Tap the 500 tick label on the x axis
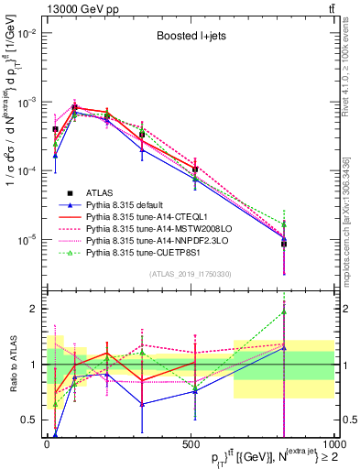click(189, 443)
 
